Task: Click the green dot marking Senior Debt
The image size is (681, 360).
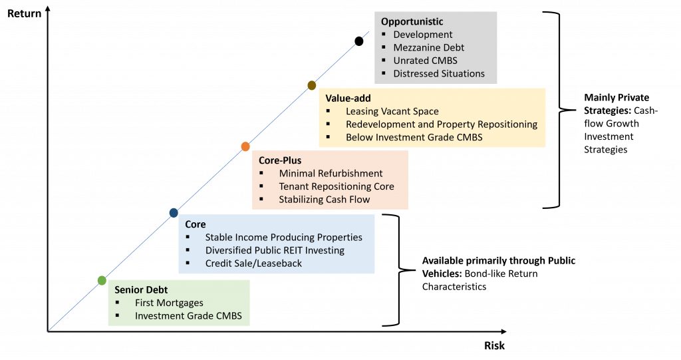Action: click(102, 280)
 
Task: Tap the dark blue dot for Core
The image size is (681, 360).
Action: click(174, 213)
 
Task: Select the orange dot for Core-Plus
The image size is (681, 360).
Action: click(245, 146)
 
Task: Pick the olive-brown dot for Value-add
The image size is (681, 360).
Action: click(311, 85)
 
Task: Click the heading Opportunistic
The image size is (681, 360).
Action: click(412, 22)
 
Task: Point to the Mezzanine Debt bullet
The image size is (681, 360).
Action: click(428, 47)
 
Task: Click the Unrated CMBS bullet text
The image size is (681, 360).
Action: click(425, 61)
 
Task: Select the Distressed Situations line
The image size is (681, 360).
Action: click(439, 73)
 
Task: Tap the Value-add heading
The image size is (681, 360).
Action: click(348, 98)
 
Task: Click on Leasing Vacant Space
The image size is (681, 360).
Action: click(392, 111)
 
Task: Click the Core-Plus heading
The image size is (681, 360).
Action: click(280, 160)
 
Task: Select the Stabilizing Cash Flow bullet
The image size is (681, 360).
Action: click(325, 199)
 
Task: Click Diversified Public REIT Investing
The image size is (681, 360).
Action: click(275, 250)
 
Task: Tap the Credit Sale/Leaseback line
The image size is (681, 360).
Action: click(253, 263)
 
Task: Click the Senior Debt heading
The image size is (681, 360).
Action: click(141, 289)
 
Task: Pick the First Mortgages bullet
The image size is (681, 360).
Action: click(169, 303)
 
